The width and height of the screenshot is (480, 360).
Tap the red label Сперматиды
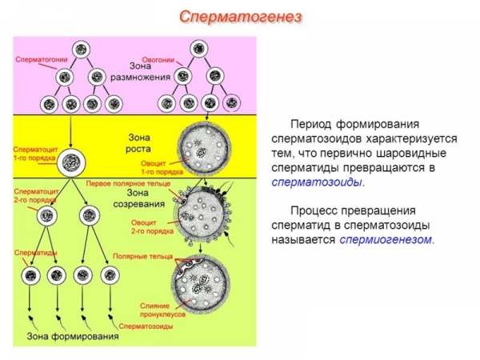click(x=34, y=252)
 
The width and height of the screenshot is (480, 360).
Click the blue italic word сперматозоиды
click(x=316, y=182)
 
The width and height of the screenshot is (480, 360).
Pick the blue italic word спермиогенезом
click(x=385, y=239)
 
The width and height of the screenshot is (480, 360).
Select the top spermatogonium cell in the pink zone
click(x=79, y=50)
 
